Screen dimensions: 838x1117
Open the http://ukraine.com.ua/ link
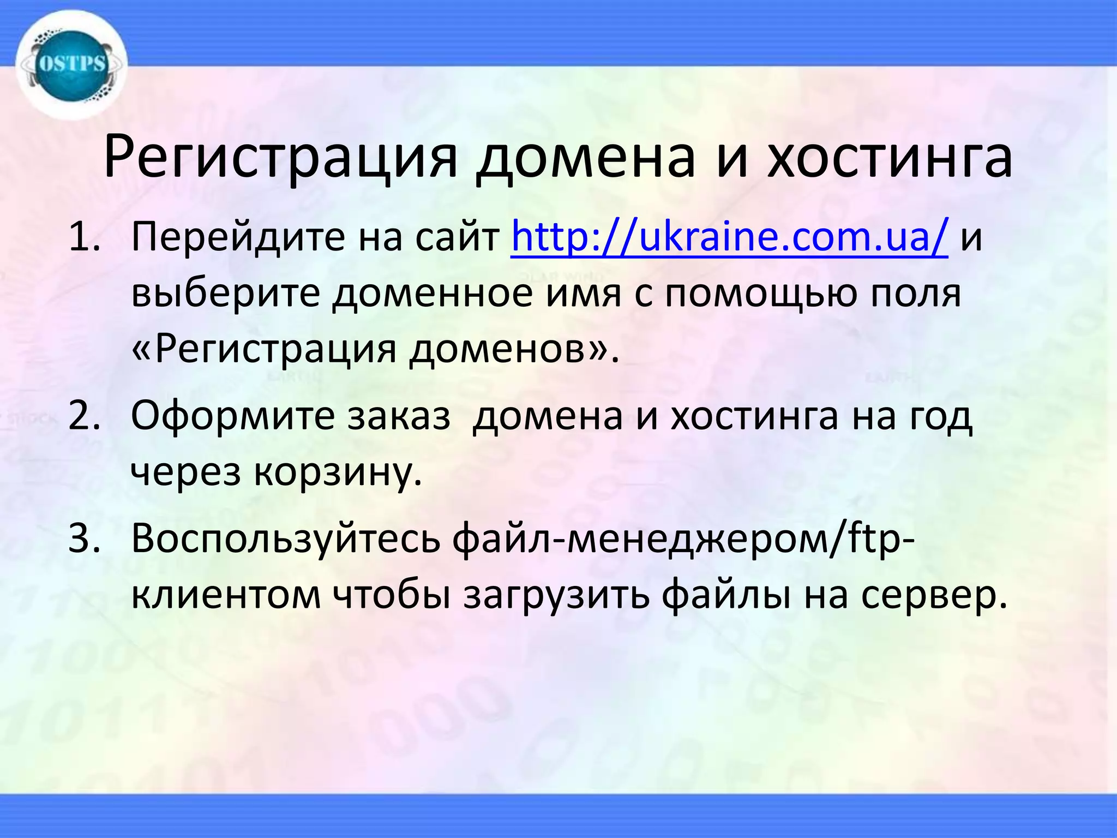coord(729,238)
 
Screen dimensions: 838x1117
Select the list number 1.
coord(85,238)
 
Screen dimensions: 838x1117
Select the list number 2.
coord(85,416)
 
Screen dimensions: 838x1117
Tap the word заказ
coord(399,416)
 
